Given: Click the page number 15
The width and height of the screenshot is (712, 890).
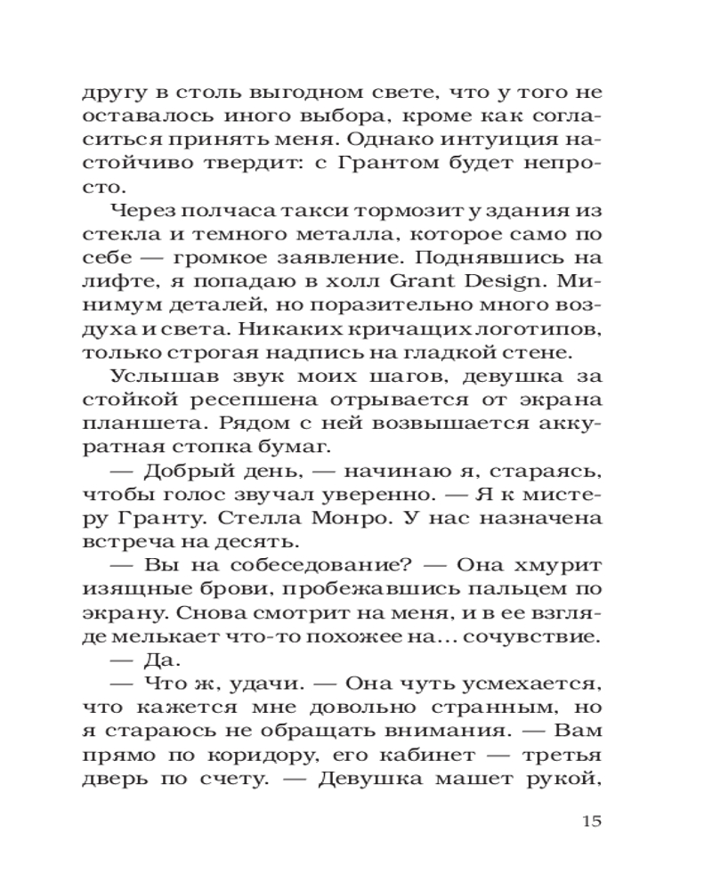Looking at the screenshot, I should click(x=590, y=821).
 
